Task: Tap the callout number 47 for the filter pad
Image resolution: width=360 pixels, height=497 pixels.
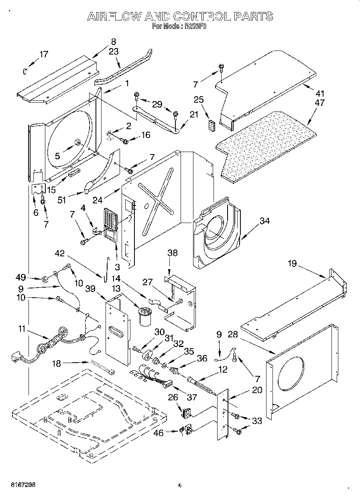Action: tap(320, 103)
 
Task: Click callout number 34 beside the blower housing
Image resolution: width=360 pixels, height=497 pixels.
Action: tap(264, 221)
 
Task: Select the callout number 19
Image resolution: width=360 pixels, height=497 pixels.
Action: tap(292, 263)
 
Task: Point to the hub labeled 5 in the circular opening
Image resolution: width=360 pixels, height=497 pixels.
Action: tap(77, 142)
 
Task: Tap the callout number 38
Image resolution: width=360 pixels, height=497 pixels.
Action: tap(173, 253)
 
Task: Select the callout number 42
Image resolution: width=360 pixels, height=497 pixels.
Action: tap(59, 253)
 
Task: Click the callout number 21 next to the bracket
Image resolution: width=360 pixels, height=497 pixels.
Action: tap(194, 114)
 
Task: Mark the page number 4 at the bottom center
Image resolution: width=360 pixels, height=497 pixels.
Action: tap(179, 485)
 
